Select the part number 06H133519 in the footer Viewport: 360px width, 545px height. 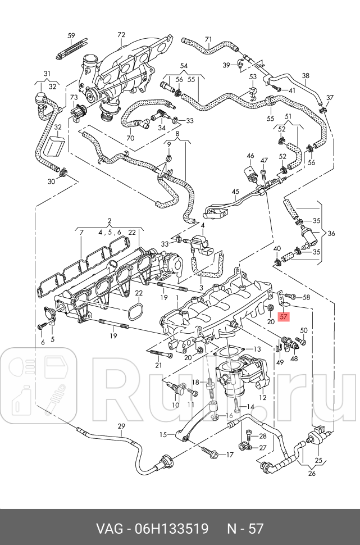click(171, 529)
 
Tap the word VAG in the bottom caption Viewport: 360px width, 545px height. click(110, 529)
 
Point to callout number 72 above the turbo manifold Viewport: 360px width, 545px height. click(121, 35)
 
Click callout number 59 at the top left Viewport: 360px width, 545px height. click(71, 36)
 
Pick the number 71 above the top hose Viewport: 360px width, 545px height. click(208, 39)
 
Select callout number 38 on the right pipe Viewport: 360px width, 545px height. click(306, 76)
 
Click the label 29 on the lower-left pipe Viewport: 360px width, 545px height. click(121, 426)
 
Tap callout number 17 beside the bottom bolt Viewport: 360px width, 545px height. click(230, 454)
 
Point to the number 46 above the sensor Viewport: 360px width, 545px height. click(250, 156)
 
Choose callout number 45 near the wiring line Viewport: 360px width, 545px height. click(235, 192)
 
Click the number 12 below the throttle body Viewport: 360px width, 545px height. click(262, 397)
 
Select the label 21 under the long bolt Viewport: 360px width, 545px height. click(158, 365)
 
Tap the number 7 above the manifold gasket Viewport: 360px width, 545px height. click(81, 232)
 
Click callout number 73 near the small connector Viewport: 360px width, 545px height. click(74, 97)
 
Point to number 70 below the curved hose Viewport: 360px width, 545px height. click(130, 138)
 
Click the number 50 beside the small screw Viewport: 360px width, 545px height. click(304, 330)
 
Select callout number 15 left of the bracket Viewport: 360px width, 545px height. click(163, 434)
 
